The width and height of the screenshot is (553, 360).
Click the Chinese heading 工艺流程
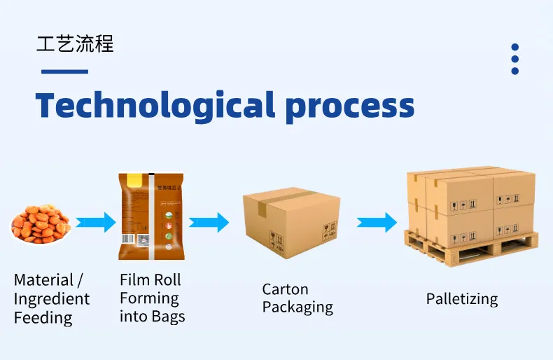click(x=75, y=43)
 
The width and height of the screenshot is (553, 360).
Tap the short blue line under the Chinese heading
click(x=64, y=71)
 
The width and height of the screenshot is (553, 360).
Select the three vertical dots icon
click(x=515, y=59)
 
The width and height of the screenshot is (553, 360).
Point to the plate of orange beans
click(x=41, y=223)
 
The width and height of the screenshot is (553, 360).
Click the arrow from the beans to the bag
click(x=95, y=223)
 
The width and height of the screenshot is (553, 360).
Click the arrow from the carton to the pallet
click(x=377, y=223)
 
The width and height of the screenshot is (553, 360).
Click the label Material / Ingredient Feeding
click(x=52, y=299)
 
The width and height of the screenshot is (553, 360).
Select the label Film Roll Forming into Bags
click(x=152, y=298)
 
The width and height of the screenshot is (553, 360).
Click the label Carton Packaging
click(x=297, y=298)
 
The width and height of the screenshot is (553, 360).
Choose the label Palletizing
click(x=462, y=299)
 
